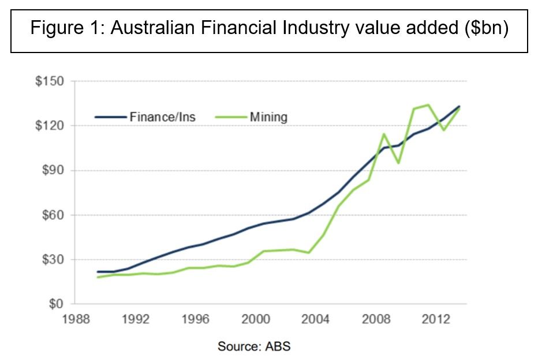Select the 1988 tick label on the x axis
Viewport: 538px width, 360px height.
click(x=78, y=318)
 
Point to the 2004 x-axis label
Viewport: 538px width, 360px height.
click(x=317, y=318)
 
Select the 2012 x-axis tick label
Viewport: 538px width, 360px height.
click(x=436, y=318)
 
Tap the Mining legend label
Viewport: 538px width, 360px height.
click(x=268, y=117)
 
